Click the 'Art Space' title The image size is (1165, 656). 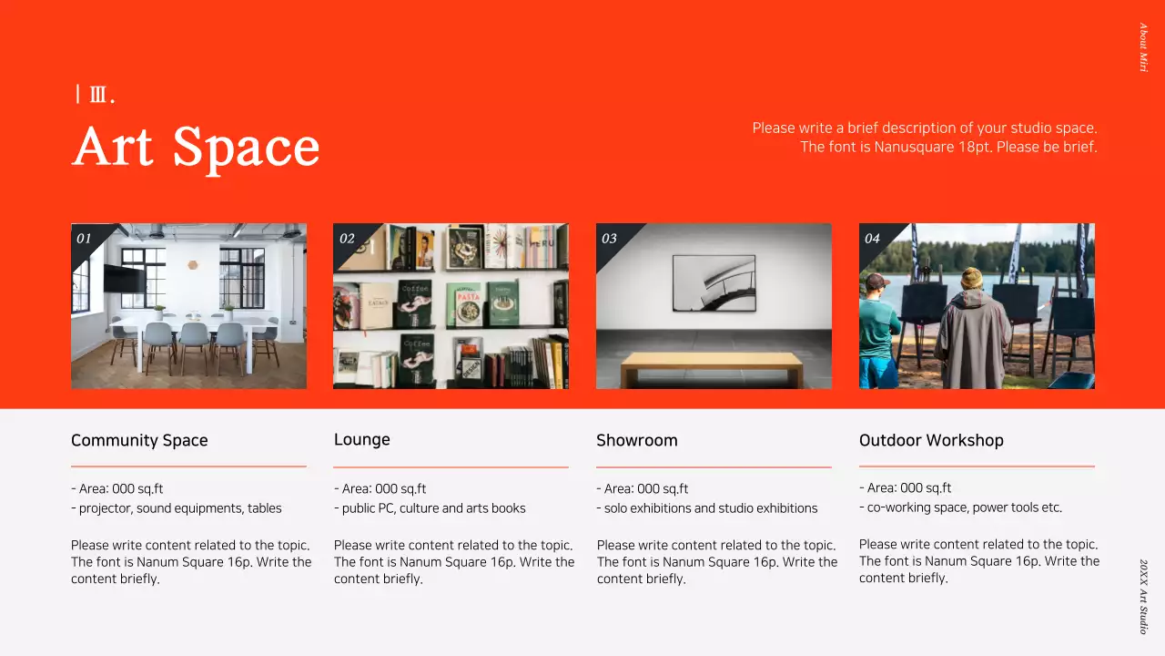pyautogui.click(x=196, y=147)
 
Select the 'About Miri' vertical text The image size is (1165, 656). pyautogui.click(x=1143, y=47)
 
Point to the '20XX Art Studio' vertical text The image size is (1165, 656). pyautogui.click(x=1143, y=597)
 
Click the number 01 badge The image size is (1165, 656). pyautogui.click(x=85, y=239)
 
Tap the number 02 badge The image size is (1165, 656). pyautogui.click(x=347, y=239)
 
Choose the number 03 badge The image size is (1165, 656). pyautogui.click(x=609, y=239)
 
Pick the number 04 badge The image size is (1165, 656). pyautogui.click(x=872, y=239)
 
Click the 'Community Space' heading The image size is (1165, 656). pyautogui.click(x=139, y=440)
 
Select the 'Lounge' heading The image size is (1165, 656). pyautogui.click(x=361, y=439)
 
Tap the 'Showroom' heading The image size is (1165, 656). pyautogui.click(x=636, y=440)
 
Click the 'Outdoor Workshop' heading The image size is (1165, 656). pyautogui.click(x=931, y=440)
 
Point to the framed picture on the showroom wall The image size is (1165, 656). pyautogui.click(x=714, y=282)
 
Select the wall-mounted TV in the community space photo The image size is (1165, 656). pyautogui.click(x=123, y=277)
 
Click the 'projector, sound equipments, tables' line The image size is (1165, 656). pyautogui.click(x=180, y=508)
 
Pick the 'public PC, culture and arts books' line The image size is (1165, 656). pyautogui.click(x=433, y=508)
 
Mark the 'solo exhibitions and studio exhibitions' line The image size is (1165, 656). pyautogui.click(x=711, y=508)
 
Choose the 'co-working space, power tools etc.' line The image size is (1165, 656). pyautogui.click(x=964, y=507)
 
